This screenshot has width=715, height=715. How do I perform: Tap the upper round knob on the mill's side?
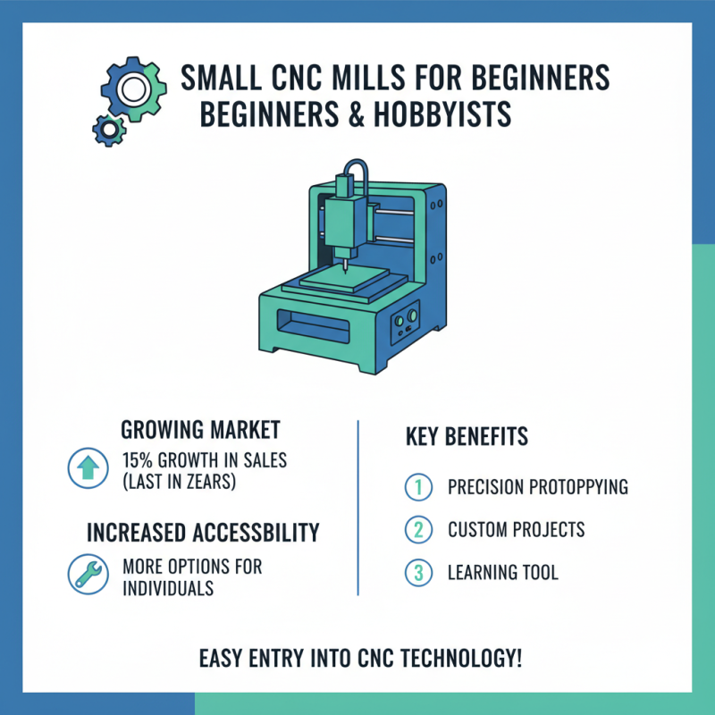pyautogui.click(x=412, y=314)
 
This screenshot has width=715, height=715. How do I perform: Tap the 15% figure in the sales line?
pyautogui.click(x=136, y=462)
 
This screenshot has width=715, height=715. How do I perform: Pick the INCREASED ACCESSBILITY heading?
pyautogui.click(x=203, y=534)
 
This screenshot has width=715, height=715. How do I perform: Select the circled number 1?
pyautogui.click(x=416, y=488)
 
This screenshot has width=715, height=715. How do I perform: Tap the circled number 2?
pyautogui.click(x=416, y=530)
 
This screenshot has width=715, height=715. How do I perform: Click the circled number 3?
pyautogui.click(x=416, y=573)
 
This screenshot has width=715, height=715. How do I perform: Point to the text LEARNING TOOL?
pyautogui.click(x=503, y=573)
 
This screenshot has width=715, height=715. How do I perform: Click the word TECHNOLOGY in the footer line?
pyautogui.click(x=451, y=660)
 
